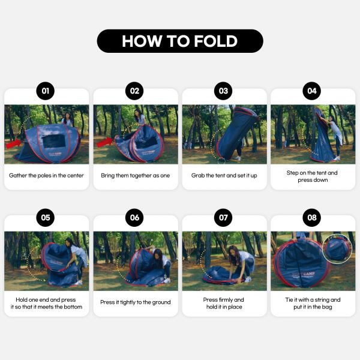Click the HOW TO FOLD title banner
180,41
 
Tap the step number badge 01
46,91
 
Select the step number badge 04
312,91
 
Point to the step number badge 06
134,217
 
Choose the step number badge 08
312,217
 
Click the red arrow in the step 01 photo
13,144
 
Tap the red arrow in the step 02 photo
104,142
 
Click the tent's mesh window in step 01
54,141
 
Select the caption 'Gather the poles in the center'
46,176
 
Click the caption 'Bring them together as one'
136,176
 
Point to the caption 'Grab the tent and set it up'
224,176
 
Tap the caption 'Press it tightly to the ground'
136,302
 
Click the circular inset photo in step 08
337,249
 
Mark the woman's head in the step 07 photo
235,251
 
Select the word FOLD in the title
215,41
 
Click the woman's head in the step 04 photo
332,119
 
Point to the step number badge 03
223,91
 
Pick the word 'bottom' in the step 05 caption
73,307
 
